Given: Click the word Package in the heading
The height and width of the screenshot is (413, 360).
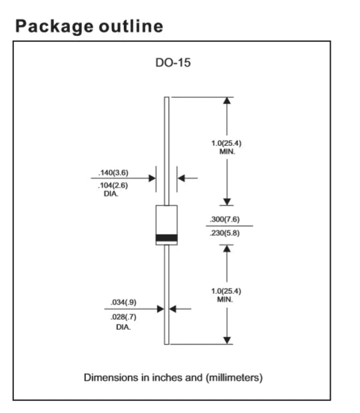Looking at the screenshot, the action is coord(54,27).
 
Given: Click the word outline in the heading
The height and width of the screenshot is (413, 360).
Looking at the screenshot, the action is coord(131,26).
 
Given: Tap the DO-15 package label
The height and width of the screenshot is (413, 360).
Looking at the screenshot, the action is coord(173,63).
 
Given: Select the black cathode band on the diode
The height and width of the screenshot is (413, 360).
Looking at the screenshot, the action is coord(167,238).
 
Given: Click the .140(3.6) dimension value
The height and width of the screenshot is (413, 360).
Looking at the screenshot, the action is coord(113,173).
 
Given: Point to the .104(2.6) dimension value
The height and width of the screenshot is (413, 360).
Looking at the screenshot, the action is coord(113,185).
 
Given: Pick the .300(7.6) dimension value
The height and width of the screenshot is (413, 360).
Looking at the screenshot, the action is coord(225,219).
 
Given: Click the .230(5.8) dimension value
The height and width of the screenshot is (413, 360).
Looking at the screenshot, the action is coord(225,233).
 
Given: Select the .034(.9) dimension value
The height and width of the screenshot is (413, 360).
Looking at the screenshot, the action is coord(123,302).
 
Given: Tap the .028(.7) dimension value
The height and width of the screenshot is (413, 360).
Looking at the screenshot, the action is coord(123,317).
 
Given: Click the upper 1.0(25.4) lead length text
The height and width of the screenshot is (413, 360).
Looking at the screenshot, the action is coord(227,143).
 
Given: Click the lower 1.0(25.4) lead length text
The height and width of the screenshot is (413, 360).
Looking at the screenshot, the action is coord(226,291).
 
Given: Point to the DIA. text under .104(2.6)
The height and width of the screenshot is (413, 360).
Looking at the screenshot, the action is coord(111,194).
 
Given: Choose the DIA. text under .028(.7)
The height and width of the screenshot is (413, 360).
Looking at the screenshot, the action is coord(123,327).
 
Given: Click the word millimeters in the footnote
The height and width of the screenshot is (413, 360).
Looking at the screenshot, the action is coord(234,378).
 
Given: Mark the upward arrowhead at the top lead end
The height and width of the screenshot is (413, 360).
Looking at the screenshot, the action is coord(227,101).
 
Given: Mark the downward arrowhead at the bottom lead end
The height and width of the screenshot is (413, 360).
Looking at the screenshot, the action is coord(227,340).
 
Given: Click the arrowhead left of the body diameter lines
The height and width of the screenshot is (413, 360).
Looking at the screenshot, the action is coord(152,179).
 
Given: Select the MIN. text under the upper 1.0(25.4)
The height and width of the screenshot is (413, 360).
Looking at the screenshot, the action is coord(227,152).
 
